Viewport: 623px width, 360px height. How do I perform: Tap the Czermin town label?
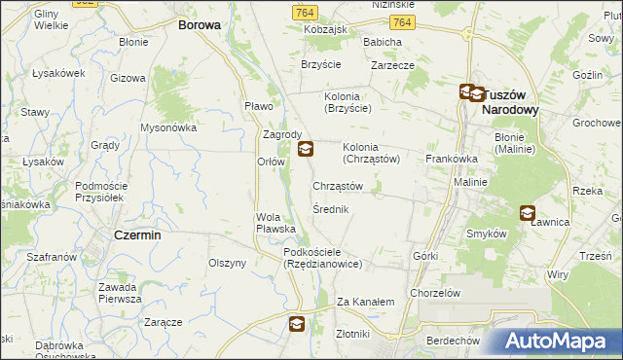coord(137,235)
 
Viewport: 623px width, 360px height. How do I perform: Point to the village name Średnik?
coord(331,209)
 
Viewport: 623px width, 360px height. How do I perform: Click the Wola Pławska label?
coord(275,223)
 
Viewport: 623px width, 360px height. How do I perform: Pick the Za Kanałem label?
coord(365,302)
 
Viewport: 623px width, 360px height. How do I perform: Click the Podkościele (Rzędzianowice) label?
coord(323,258)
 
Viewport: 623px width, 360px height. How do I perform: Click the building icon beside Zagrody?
coord(306,149)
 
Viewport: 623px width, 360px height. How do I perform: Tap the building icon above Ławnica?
coord(528,213)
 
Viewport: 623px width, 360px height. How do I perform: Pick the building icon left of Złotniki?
coord(299,328)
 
